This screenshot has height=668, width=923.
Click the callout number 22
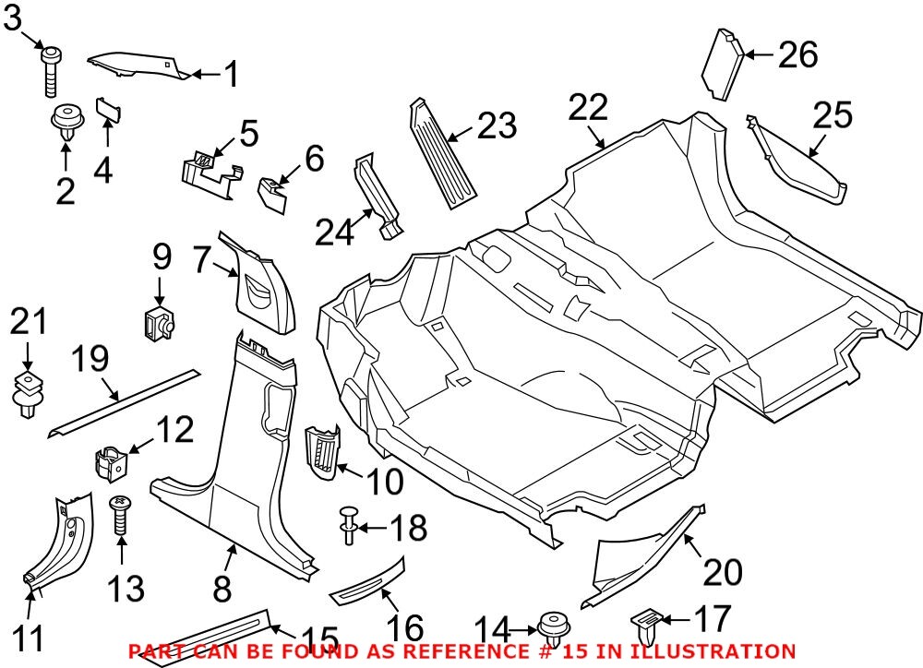click(x=588, y=109)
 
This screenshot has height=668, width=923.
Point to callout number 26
click(x=797, y=55)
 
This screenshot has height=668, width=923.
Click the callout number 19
click(x=93, y=360)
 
